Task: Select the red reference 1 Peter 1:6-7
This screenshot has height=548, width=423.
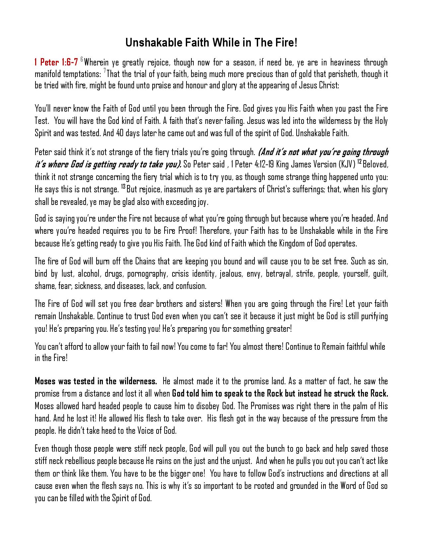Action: click(56, 62)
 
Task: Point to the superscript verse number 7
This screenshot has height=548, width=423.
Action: click(105, 71)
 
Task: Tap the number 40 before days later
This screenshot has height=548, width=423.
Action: click(121, 133)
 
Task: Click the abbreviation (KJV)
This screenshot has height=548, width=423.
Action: click(345, 164)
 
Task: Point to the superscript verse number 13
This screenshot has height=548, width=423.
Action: click(123, 187)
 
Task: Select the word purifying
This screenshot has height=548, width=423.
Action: click(372, 316)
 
